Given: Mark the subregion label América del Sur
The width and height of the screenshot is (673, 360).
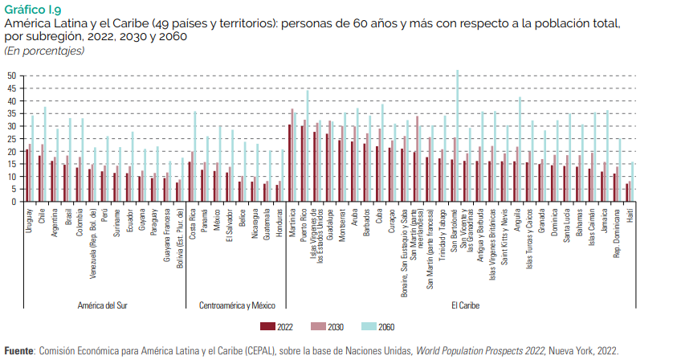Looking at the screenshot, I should click(102, 305).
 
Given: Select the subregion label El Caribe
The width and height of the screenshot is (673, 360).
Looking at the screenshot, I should click(465, 305).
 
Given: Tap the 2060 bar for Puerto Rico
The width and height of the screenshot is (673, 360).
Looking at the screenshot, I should click(308, 145).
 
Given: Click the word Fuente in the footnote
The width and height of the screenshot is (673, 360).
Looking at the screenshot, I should click(19, 351).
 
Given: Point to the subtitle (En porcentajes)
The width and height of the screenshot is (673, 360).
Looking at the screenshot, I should click(44, 51).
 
